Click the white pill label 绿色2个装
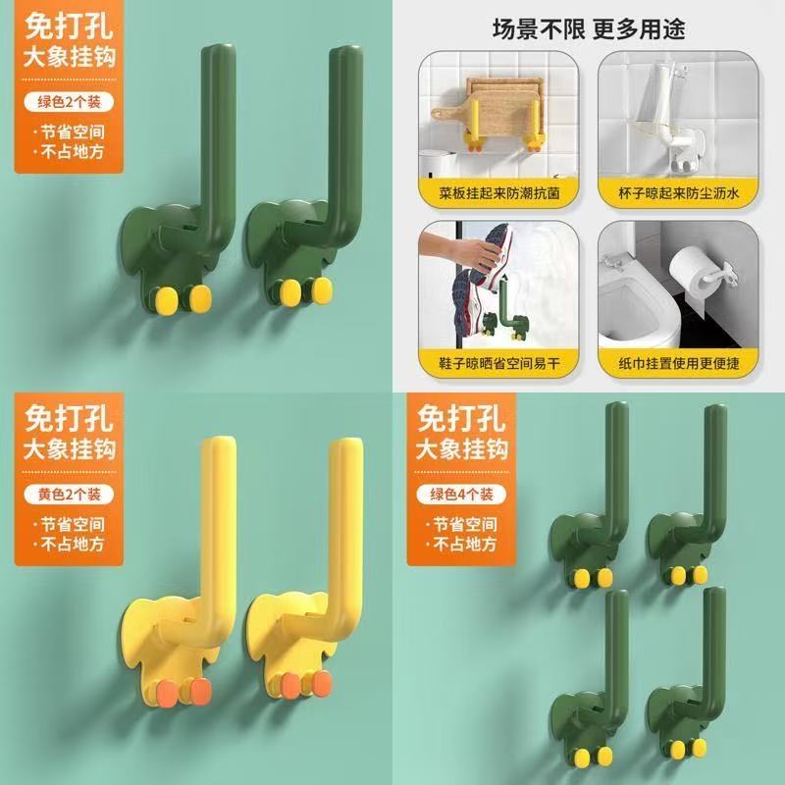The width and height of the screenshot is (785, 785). click(69, 102)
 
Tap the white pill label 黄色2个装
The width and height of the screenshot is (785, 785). click(69, 495)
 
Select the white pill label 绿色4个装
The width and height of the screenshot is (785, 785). click(461, 495)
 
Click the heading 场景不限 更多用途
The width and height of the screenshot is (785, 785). click(589, 29)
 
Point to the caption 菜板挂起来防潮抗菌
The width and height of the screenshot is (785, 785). click(498, 193)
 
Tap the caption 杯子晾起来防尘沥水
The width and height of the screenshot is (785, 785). click(678, 193)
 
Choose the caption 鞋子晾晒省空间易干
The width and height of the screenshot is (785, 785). click(498, 363)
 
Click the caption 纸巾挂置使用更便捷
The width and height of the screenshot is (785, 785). click(678, 363)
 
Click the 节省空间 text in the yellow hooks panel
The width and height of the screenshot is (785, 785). click(73, 525)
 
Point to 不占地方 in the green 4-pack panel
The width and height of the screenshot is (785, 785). click(465, 545)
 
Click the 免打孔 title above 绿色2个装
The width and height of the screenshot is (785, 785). click(69, 26)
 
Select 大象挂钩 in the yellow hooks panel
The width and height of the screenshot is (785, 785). click(69, 448)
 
